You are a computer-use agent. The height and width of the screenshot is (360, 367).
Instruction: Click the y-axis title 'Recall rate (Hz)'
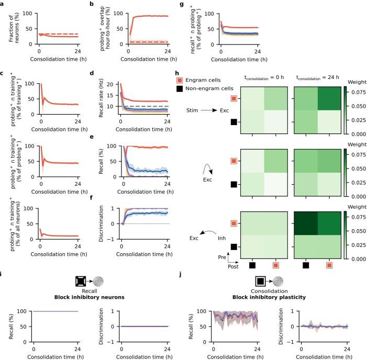[x=106, y=96]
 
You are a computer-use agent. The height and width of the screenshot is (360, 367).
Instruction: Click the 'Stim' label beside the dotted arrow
[x=191, y=110]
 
